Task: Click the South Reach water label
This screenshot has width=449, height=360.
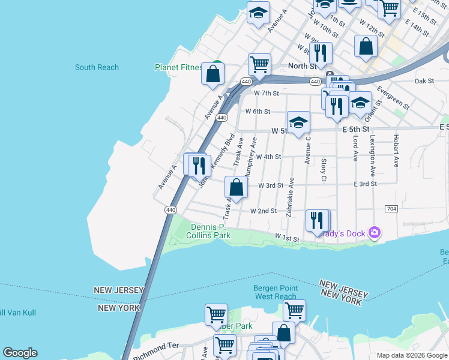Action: [97, 67]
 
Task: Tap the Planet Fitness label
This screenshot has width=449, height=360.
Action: [178, 67]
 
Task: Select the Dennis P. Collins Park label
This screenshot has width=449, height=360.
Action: [211, 231]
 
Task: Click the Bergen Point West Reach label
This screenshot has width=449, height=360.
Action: [276, 292]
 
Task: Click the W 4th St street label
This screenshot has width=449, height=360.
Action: [268, 157]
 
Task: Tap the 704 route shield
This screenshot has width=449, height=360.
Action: [391, 208]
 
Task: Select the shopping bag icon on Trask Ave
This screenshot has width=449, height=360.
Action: [237, 187]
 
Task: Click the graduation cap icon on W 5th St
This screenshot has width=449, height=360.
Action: [298, 123]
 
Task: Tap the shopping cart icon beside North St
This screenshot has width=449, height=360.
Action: [259, 64]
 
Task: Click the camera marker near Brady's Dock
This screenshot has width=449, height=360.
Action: [375, 232]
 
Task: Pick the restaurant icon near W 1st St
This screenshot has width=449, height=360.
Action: [317, 220]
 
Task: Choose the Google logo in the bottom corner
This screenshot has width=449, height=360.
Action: [20, 353]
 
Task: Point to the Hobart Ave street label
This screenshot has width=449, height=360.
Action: [396, 154]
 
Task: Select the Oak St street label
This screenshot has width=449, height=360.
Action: [424, 81]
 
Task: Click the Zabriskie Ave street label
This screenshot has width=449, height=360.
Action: [291, 197]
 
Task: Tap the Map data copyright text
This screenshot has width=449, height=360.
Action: [412, 355]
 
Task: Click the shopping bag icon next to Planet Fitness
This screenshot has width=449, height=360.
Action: [213, 74]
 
